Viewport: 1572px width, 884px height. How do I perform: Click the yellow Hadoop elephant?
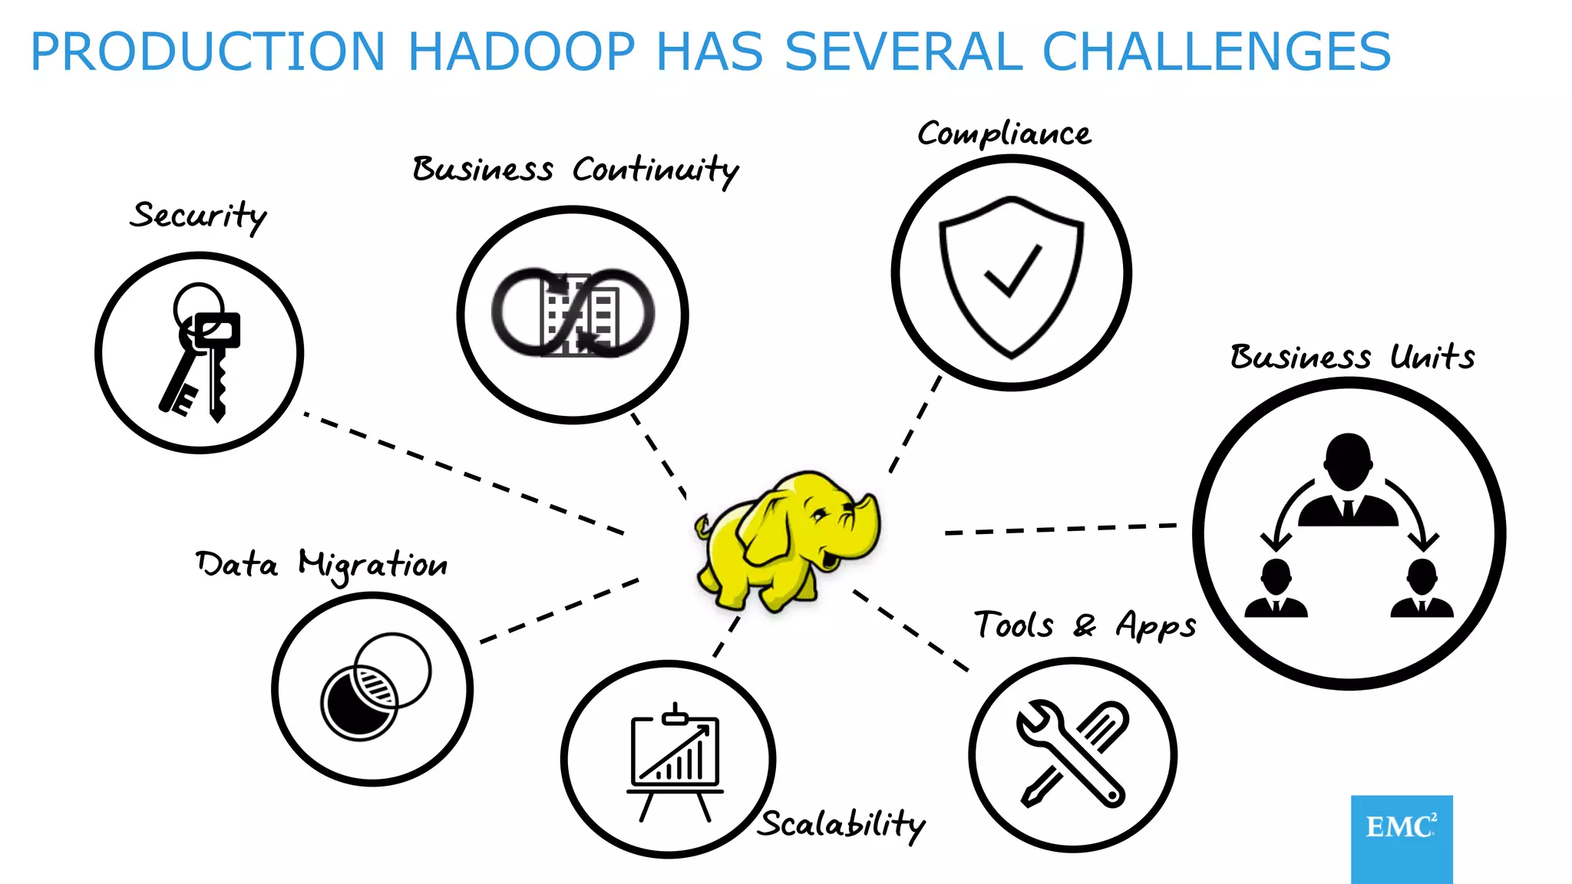tap(787, 541)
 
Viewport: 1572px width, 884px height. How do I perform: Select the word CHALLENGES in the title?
tap(1216, 52)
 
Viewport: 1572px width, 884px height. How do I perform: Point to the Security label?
tap(198, 216)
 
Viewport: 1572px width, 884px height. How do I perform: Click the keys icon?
tap(201, 353)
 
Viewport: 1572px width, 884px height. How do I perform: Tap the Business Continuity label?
tap(575, 170)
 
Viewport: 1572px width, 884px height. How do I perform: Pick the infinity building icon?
tap(573, 313)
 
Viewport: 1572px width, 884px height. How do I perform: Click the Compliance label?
tap(1004, 135)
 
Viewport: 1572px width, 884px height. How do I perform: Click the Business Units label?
tap(1352, 358)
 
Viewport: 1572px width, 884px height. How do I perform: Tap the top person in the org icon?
tap(1348, 480)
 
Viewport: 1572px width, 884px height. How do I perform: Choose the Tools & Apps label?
tap(1085, 625)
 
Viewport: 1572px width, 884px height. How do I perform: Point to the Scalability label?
tap(843, 825)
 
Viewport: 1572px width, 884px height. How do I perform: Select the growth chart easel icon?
tap(675, 760)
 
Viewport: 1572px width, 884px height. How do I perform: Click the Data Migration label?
tap(322, 565)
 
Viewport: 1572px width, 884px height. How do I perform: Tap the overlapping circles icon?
tap(375, 688)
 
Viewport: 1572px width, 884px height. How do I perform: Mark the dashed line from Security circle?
tap(464, 473)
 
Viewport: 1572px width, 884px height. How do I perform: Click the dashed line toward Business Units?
tap(1061, 529)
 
